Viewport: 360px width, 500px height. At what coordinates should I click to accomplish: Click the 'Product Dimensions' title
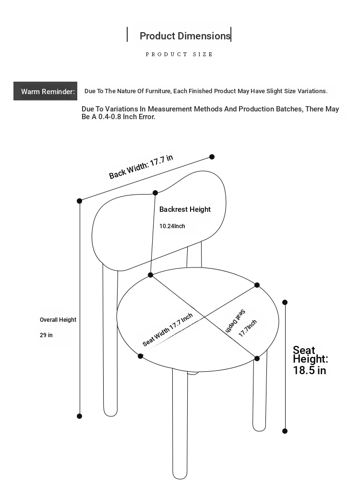pos(185,36)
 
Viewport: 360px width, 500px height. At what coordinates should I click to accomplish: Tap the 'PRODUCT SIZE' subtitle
pos(179,54)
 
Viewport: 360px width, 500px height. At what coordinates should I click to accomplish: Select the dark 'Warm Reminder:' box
pos(45,91)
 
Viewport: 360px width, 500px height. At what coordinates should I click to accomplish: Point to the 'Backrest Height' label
pos(185,209)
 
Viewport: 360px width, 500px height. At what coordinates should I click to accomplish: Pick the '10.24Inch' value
pos(172,226)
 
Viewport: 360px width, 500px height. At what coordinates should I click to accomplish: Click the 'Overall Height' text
pos(58,320)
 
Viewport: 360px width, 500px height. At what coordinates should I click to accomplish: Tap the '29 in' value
pos(46,335)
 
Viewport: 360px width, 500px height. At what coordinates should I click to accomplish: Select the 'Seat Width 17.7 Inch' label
pos(168,329)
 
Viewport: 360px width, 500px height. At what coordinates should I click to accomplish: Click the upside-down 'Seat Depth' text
pos(235,321)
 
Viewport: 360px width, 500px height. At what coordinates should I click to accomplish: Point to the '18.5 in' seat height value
pos(310,370)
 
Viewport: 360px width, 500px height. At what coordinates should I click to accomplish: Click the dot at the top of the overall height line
pos(79,201)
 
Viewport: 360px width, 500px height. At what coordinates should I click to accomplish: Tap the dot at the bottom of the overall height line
pos(79,416)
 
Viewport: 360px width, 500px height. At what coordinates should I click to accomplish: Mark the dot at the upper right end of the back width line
pos(212,157)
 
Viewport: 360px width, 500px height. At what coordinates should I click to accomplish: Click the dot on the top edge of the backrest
pos(155,193)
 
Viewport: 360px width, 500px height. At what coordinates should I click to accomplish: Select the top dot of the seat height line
pos(285,302)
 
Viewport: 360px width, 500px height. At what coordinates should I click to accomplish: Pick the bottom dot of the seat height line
pos(285,431)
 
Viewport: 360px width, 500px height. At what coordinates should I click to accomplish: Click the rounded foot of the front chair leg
pos(180,475)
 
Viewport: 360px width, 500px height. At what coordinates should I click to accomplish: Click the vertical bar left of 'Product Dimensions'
pos(127,35)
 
